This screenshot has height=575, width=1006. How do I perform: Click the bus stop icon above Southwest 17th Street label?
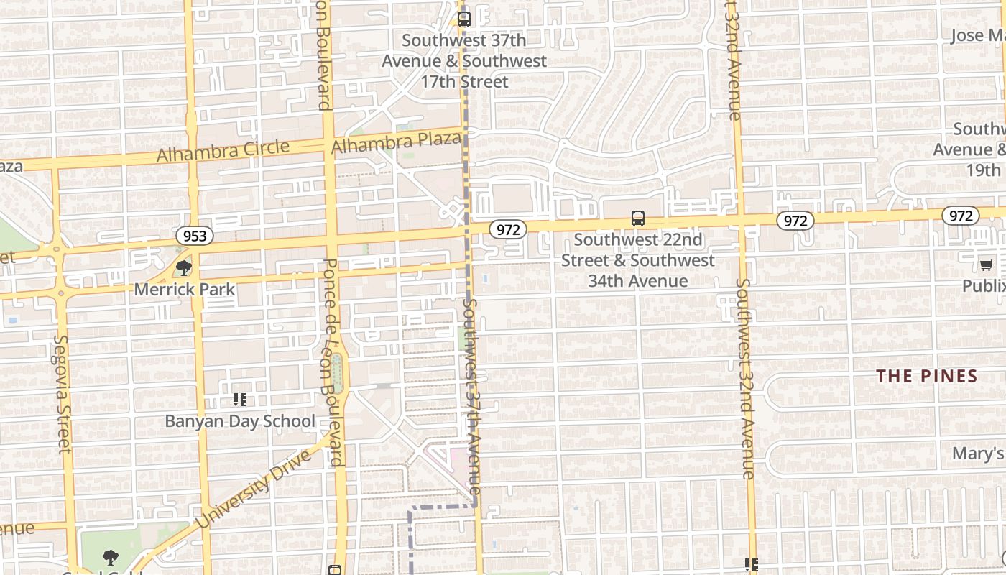point(464,19)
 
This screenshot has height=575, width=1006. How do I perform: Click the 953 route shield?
point(194,236)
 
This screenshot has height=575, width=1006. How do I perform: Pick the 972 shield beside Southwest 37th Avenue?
point(508,229)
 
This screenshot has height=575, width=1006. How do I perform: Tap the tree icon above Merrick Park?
point(184,268)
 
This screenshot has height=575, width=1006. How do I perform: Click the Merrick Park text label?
point(185,289)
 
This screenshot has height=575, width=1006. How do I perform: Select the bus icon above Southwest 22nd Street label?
point(637,218)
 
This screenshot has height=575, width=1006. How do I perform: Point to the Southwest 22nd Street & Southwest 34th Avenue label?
point(637,260)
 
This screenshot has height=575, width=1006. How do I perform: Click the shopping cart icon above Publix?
point(987,265)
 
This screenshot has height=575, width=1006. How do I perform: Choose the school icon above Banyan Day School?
point(240,400)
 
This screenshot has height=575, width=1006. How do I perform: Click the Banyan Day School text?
point(240,421)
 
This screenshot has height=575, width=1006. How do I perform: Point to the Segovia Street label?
point(63,394)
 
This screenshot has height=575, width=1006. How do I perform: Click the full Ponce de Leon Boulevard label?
point(333,363)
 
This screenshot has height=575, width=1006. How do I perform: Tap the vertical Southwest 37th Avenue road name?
point(471,401)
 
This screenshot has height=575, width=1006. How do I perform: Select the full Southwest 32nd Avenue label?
point(744,378)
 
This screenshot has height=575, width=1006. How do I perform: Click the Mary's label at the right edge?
point(977,454)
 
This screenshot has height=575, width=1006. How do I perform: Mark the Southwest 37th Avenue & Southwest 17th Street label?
point(464,61)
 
